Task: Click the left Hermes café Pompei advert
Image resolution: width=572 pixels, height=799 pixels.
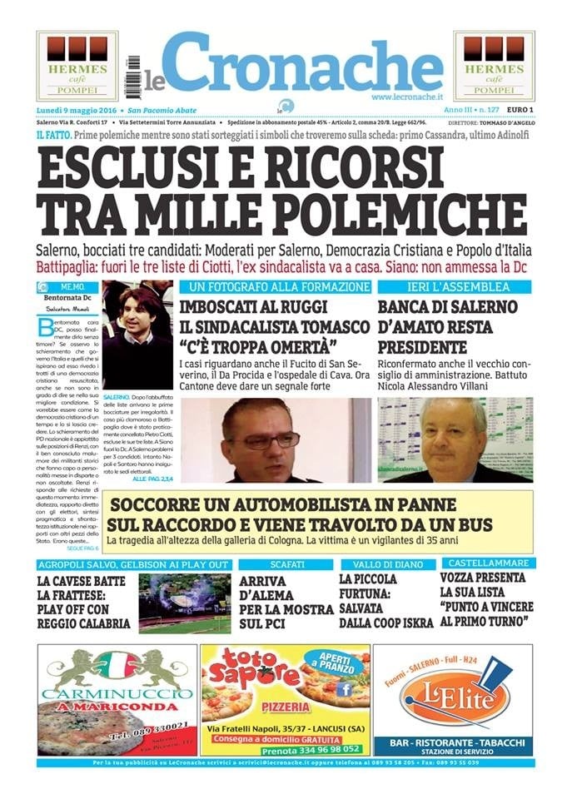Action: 77,66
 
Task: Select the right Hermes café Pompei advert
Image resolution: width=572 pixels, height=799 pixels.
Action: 494,66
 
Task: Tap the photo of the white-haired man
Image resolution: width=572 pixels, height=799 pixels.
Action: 454,439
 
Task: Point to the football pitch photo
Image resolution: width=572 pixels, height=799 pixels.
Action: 184,603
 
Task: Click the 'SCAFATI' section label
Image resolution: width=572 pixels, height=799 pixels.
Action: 286,564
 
